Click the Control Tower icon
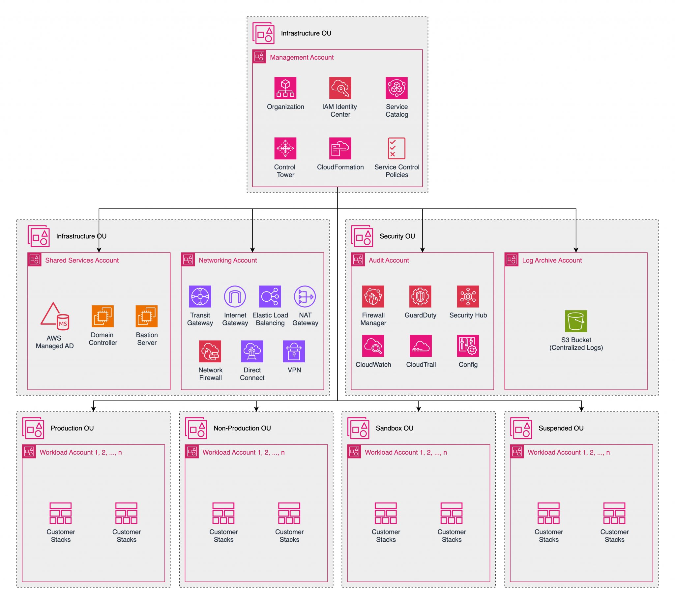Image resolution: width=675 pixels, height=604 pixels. [x=285, y=148]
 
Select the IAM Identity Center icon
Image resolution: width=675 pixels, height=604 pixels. [x=340, y=88]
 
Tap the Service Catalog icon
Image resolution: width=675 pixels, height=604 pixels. [x=396, y=88]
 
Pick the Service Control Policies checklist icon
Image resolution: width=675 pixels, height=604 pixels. [x=396, y=148]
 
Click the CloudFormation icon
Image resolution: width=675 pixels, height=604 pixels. [x=340, y=148]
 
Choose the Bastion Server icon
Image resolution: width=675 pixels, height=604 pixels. [x=147, y=316]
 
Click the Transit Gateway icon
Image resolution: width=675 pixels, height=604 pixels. [x=200, y=296]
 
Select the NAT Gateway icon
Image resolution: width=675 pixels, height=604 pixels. [x=305, y=296]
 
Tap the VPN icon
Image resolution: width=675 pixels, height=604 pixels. [x=294, y=351]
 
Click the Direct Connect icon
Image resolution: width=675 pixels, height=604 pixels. [x=252, y=351]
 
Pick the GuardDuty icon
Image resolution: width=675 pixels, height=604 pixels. [x=420, y=296]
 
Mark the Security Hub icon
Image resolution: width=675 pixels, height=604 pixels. [x=468, y=296]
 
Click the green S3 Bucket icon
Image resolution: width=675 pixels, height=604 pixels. [x=576, y=321]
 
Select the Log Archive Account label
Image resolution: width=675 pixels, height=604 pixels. [x=552, y=260]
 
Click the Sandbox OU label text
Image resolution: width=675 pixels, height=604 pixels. [x=395, y=428]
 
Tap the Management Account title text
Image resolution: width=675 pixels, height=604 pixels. [x=302, y=57]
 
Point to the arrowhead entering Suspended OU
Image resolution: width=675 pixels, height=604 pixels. [x=581, y=409]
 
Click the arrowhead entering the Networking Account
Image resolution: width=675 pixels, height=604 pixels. [x=252, y=250]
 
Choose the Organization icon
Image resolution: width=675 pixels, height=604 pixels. [x=285, y=88]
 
